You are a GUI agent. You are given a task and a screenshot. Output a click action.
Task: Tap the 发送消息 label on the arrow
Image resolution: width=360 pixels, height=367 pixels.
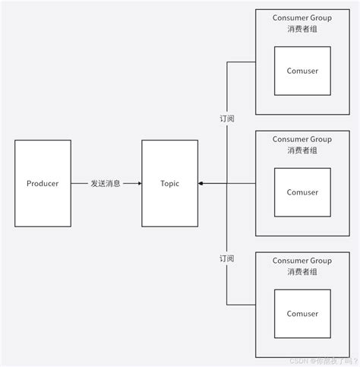point(106,184)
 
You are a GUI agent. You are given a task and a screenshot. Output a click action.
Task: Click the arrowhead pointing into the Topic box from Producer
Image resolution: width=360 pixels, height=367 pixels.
point(139,184)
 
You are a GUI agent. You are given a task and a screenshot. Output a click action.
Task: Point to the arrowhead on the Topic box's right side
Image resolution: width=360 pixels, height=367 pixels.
point(201,184)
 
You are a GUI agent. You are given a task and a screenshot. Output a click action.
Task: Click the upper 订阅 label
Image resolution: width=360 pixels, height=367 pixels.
point(226,119)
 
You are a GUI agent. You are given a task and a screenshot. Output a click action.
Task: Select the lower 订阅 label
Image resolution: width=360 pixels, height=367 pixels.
point(226,259)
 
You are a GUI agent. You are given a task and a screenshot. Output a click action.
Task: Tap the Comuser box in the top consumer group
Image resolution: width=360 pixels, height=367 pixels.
point(302,71)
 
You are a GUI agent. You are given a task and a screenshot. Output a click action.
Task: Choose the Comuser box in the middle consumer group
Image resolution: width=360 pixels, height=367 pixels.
point(302,192)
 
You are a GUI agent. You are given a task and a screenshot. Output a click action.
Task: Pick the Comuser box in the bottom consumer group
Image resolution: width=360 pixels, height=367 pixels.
point(302,313)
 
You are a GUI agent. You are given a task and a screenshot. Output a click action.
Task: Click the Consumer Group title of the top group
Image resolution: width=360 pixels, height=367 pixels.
point(303,17)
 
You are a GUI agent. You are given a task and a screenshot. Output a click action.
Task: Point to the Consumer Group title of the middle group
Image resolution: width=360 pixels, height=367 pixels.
point(303,138)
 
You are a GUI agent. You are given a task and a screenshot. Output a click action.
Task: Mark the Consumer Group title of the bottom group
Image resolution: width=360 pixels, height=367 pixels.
point(303,260)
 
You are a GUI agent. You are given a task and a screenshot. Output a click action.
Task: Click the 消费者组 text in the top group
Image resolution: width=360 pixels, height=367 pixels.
point(303,29)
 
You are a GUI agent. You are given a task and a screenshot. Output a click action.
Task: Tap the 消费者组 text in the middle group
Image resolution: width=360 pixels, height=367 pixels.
point(303,150)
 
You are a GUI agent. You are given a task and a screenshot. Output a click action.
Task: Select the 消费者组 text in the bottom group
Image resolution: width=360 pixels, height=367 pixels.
point(303,272)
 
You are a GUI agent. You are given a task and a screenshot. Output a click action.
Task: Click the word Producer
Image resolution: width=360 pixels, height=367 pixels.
point(42,184)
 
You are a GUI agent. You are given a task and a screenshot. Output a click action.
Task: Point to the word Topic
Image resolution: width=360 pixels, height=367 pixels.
point(169,184)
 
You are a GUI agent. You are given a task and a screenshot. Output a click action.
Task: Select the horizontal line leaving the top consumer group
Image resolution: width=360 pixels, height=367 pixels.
point(242,62)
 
